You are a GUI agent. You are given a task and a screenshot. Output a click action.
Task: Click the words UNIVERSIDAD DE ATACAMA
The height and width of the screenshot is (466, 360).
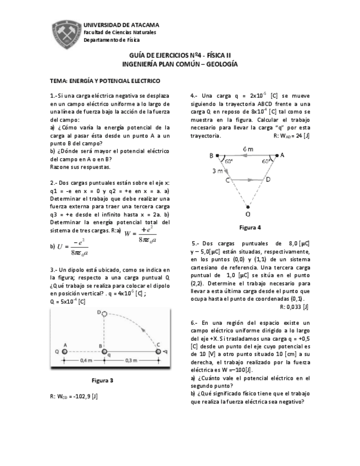121,25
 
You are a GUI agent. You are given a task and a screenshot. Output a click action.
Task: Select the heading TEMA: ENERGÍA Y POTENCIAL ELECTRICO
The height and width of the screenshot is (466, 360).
104,80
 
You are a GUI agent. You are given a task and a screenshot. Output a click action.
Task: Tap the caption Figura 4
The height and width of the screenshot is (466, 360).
250,227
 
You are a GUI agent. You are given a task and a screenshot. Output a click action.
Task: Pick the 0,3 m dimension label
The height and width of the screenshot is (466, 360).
132,360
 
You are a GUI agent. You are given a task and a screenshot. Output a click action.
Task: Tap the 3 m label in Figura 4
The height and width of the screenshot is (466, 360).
217,171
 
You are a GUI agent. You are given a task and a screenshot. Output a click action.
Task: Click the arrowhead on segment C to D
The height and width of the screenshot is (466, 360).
250,179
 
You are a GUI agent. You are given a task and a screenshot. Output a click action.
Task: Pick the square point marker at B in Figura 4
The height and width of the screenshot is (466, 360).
218,156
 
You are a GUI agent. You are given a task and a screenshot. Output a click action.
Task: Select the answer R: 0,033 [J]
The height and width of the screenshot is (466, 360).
294,307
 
